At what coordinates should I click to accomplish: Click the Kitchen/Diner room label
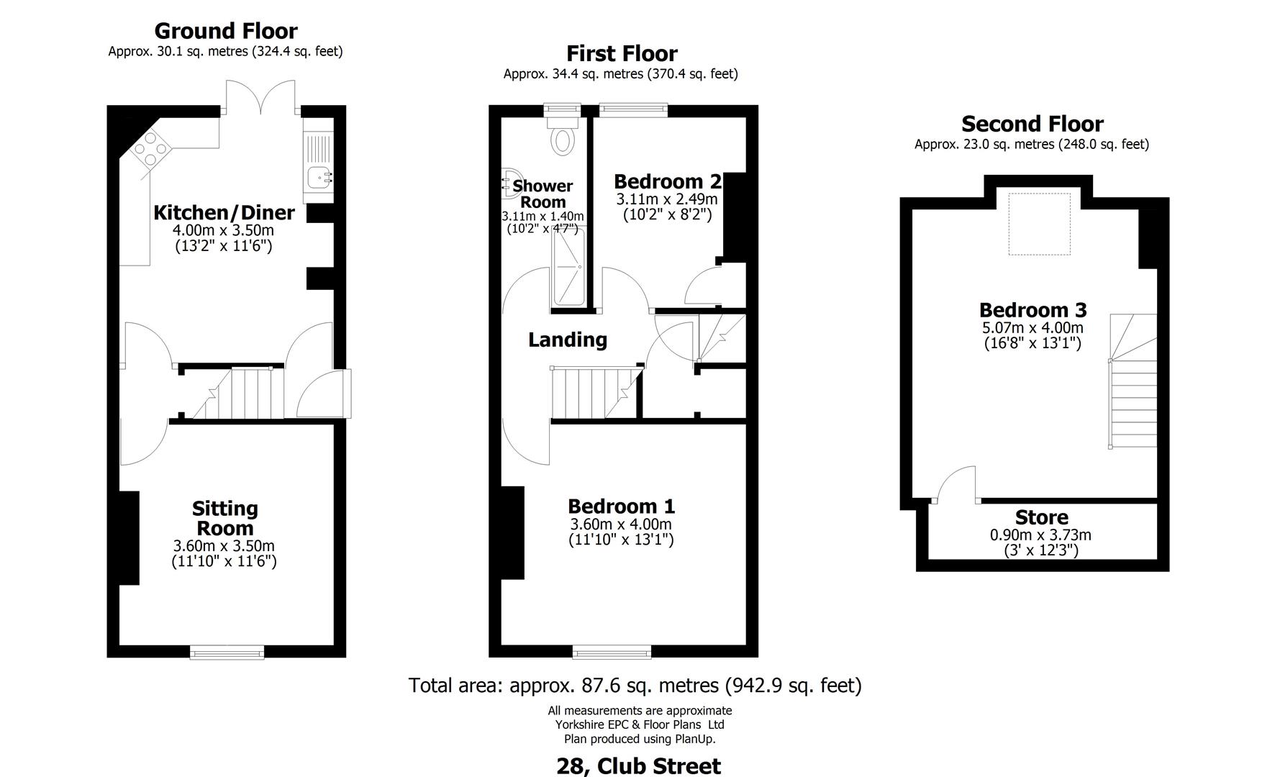pyautogui.click(x=224, y=212)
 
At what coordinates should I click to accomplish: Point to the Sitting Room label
pyautogui.click(x=224, y=518)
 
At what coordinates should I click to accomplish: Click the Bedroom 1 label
pyautogui.click(x=621, y=506)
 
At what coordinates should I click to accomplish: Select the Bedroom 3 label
pyautogui.click(x=1032, y=310)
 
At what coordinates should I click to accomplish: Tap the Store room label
pyautogui.click(x=1041, y=517)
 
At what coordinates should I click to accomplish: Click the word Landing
pyautogui.click(x=568, y=340)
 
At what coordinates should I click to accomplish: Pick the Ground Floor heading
pyautogui.click(x=225, y=31)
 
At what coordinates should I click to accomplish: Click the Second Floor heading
pyautogui.click(x=1032, y=124)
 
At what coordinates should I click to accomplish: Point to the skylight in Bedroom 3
pyautogui.click(x=1039, y=224)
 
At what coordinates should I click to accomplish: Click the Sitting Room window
pyautogui.click(x=227, y=653)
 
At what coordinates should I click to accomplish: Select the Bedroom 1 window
pyautogui.click(x=612, y=653)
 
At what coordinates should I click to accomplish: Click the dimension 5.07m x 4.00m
pyautogui.click(x=1032, y=328)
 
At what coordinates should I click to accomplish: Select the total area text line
pyautogui.click(x=635, y=685)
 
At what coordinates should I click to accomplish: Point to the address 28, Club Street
pyautogui.click(x=638, y=765)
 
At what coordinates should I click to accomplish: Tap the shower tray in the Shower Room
pyautogui.click(x=568, y=268)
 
